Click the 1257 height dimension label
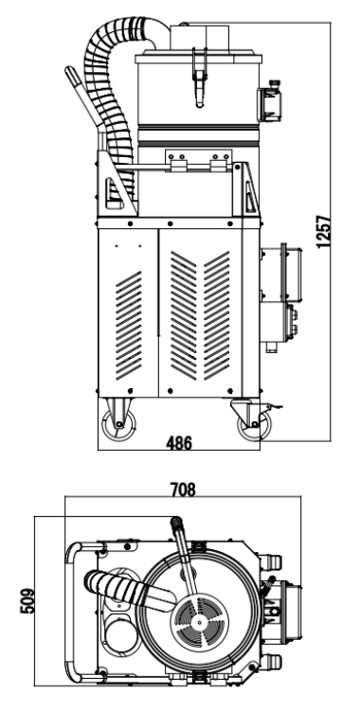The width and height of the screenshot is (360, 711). coord(324,231)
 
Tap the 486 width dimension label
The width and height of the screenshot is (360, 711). coord(179,443)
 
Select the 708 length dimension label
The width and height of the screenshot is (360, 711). coord(183,489)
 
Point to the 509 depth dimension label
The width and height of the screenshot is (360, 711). coord(27,601)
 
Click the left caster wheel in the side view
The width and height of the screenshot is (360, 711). coord(118,424)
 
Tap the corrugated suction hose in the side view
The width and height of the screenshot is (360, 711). coord(110,91)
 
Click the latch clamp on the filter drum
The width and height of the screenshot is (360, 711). coord(199,78)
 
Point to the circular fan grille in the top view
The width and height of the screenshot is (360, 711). coord(199,623)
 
